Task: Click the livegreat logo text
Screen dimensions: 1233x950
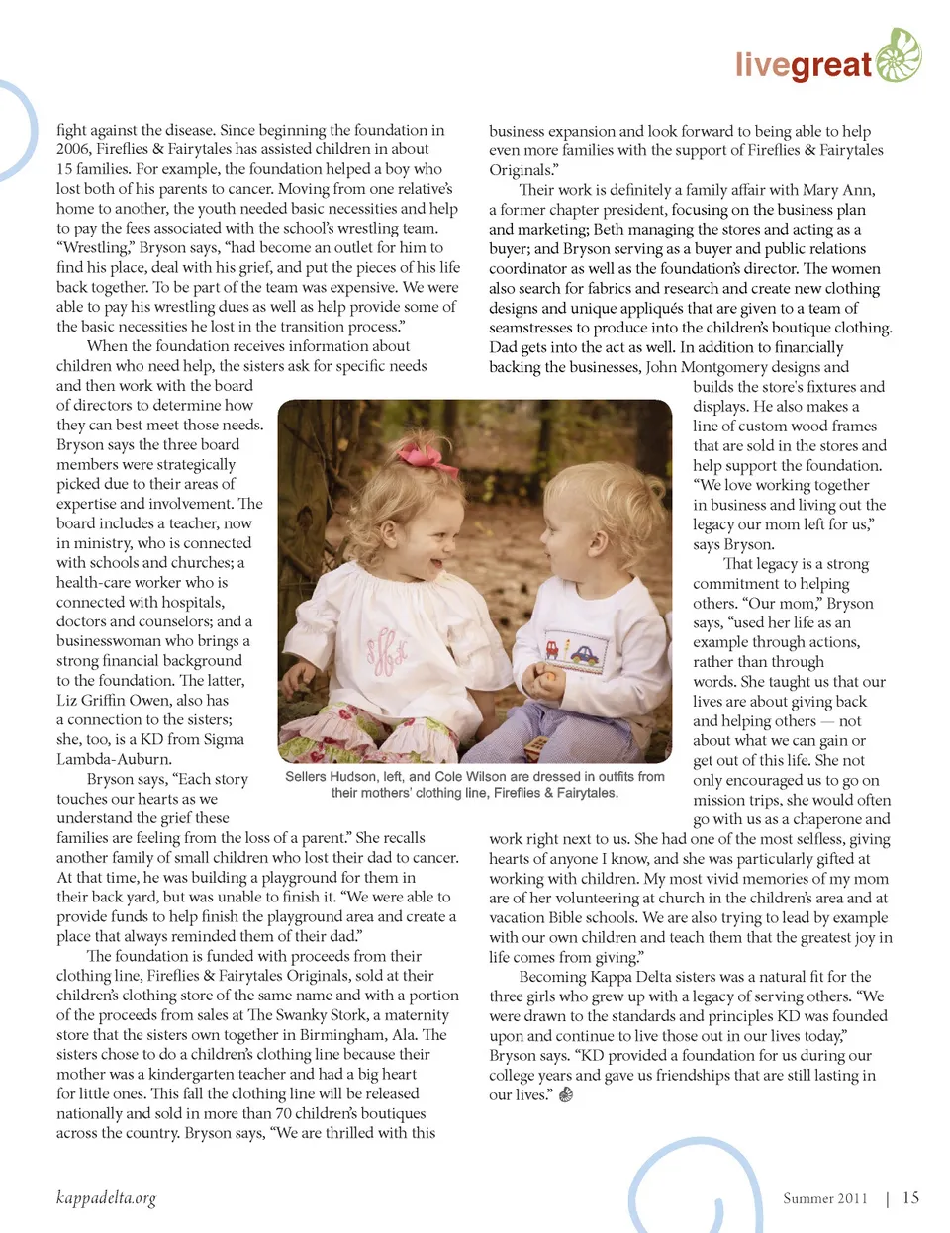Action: tap(803, 65)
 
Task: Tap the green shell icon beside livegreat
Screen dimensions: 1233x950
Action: tap(898, 54)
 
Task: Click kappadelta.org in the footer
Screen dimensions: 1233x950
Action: tap(106, 1198)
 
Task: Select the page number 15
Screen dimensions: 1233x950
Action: tap(910, 1197)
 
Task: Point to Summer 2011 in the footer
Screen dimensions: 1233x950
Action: tap(824, 1198)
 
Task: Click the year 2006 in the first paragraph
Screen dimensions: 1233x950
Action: tap(73, 149)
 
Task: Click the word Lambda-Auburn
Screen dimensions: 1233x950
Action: tap(114, 759)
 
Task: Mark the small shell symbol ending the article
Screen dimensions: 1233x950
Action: tap(566, 1095)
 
